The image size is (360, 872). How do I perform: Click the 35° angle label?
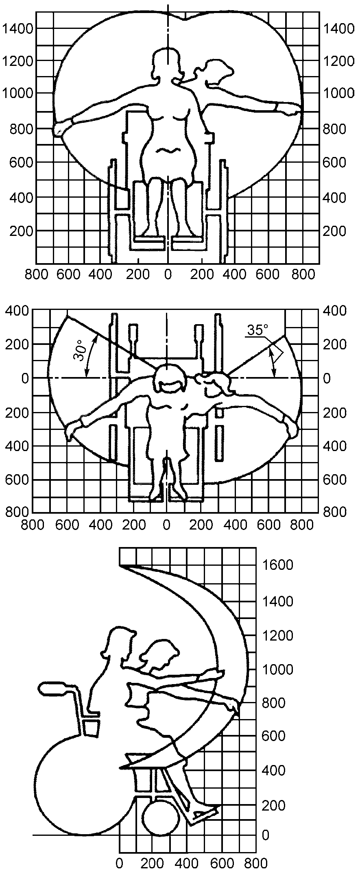[256, 330]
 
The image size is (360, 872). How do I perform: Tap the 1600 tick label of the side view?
[278, 565]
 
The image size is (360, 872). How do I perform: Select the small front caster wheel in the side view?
[161, 818]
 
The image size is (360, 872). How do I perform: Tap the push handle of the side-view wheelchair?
[53, 687]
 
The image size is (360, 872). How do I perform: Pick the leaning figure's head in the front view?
[218, 71]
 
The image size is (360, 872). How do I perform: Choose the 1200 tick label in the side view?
[278, 636]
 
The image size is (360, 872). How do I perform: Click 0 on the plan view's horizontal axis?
[166, 525]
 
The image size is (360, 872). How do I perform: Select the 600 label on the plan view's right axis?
[335, 480]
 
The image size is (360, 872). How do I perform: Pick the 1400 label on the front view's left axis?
[19, 28]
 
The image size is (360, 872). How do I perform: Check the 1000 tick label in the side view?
[278, 669]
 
